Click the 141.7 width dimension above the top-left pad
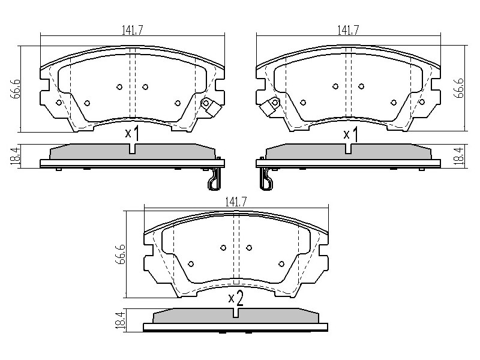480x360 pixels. click(x=133, y=31)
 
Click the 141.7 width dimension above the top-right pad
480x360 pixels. click(x=348, y=31)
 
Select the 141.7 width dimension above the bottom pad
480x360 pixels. click(x=236, y=202)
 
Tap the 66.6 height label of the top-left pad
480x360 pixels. click(x=16, y=89)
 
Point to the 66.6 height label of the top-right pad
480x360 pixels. click(x=458, y=88)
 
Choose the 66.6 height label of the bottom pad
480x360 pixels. click(x=121, y=254)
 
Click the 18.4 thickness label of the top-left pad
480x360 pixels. click(x=16, y=156)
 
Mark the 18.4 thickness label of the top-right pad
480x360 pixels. click(x=458, y=156)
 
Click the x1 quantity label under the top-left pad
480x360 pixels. click(x=132, y=134)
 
